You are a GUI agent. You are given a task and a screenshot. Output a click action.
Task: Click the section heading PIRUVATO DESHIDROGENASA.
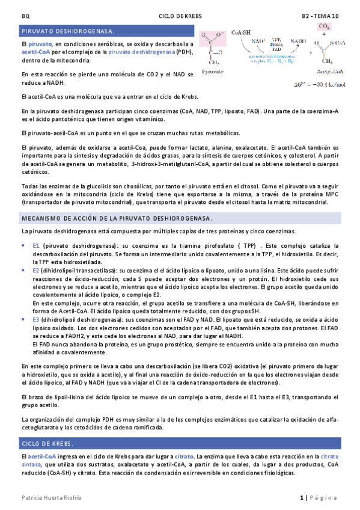pos(67,30)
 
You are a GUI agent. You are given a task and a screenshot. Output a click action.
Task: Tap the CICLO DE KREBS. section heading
pos(47,444)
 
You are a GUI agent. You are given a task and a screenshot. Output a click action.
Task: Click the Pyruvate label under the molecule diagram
pos(214,71)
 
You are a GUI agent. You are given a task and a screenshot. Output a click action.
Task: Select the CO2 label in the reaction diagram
pos(325,27)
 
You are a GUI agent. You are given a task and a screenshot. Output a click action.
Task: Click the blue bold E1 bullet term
pos(36,246)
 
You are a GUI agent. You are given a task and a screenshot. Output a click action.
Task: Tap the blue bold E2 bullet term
pos(36,271)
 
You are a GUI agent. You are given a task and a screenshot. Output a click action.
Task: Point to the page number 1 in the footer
pos(301,498)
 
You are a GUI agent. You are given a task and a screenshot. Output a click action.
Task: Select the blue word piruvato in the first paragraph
pos(40,45)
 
